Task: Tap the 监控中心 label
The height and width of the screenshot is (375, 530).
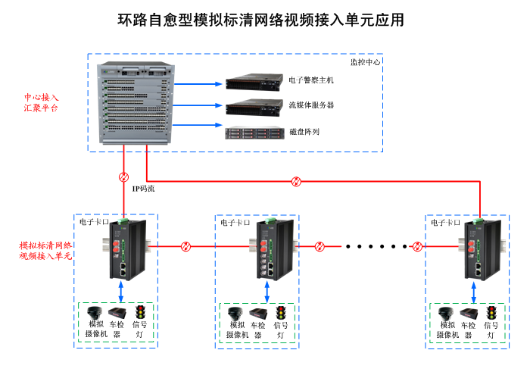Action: click(x=365, y=62)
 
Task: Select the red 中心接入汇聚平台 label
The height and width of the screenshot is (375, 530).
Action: click(x=41, y=103)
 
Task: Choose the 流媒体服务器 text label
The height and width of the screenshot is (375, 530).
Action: click(x=311, y=105)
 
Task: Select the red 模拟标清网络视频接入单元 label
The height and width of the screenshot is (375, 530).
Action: click(x=45, y=251)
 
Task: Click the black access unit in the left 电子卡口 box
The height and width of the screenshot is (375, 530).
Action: click(x=123, y=250)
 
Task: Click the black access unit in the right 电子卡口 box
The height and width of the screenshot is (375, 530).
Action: click(x=480, y=250)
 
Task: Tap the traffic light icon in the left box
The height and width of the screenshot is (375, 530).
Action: click(x=140, y=312)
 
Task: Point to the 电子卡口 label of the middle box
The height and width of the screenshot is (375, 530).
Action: click(x=234, y=223)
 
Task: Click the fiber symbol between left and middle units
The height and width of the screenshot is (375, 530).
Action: click(x=186, y=246)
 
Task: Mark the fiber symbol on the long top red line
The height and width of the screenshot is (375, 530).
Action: click(x=298, y=181)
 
